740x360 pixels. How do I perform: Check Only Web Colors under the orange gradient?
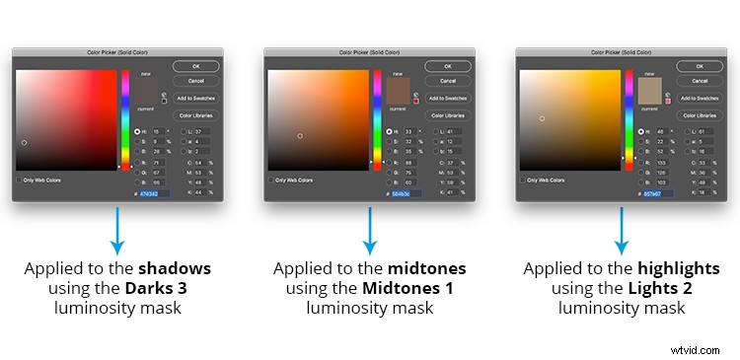click(x=271, y=180)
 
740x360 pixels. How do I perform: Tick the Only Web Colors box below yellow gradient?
click(x=523, y=180)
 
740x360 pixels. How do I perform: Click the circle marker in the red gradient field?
click(x=24, y=142)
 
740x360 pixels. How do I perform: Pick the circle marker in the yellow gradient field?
click(x=541, y=118)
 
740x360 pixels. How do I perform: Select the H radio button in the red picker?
click(x=136, y=131)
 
